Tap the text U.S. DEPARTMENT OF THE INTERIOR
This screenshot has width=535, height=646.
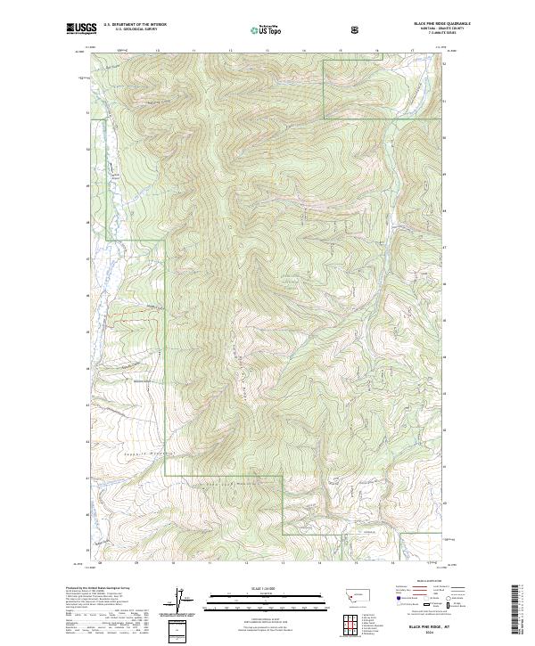click(x=135, y=25)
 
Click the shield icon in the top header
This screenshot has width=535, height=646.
click(x=356, y=29)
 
